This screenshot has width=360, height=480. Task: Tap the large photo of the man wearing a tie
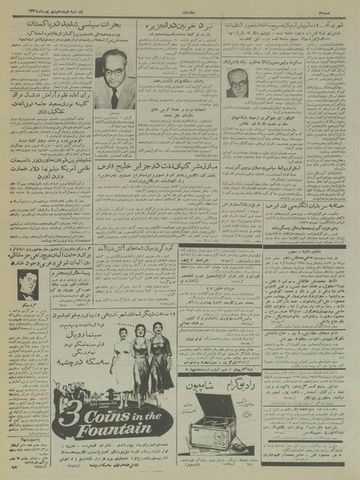coord(112,80)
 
